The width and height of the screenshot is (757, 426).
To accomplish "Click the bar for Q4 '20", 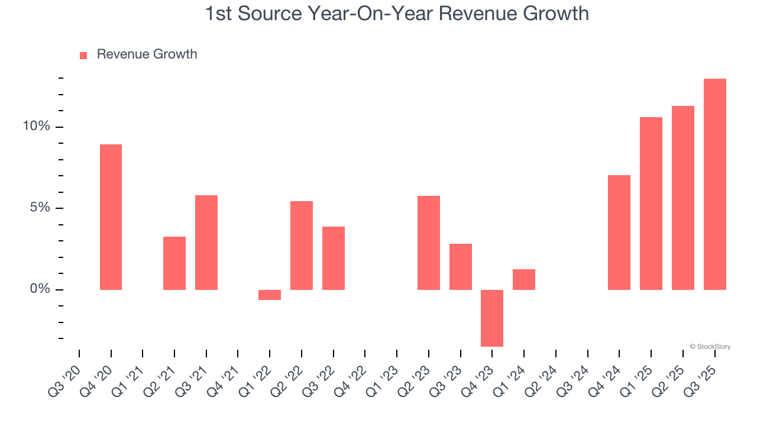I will [x=111, y=217].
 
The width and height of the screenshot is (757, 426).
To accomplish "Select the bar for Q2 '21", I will [x=174, y=263].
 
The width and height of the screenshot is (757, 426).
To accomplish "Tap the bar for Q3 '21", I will [x=206, y=243].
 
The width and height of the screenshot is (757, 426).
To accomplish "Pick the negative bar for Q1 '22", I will [x=270, y=295].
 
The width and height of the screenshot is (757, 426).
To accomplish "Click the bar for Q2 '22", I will [x=302, y=246].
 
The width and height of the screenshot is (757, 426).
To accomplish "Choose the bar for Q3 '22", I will [x=334, y=258].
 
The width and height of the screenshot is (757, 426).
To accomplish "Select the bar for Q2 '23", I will [x=429, y=243].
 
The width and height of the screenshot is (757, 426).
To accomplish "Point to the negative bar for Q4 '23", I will [x=492, y=318].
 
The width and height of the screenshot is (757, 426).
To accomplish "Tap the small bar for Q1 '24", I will [x=524, y=279].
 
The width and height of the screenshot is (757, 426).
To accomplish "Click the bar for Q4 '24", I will [x=619, y=233].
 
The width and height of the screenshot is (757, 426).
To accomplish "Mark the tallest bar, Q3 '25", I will [x=714, y=184].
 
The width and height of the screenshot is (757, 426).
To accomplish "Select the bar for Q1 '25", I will [x=651, y=204].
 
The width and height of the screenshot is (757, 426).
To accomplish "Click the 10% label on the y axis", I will [x=36, y=127].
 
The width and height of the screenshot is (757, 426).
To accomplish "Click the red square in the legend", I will [x=83, y=55].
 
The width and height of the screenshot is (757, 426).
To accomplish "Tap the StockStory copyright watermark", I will [x=710, y=347].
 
